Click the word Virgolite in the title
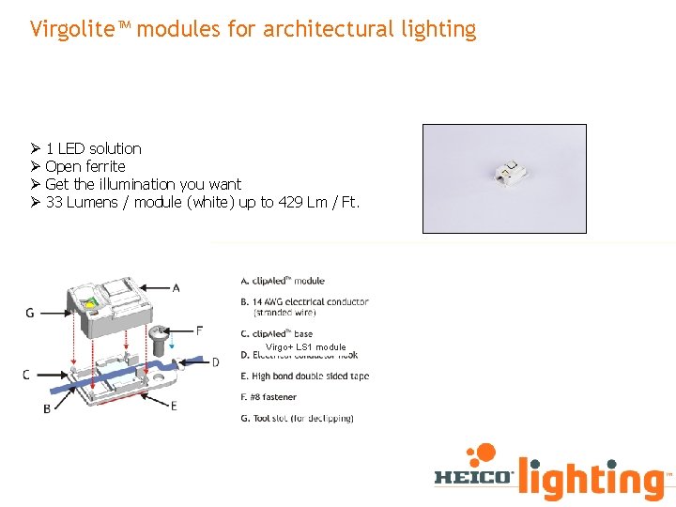(70, 29)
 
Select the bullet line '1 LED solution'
(93, 148)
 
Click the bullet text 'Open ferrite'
(84, 166)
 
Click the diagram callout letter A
(177, 286)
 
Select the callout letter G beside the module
(30, 313)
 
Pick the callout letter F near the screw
(199, 330)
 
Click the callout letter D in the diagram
(215, 362)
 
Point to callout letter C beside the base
(26, 375)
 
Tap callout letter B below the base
(47, 408)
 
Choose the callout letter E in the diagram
(175, 406)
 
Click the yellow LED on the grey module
(91, 302)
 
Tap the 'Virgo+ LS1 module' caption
(305, 347)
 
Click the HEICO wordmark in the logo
(474, 477)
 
